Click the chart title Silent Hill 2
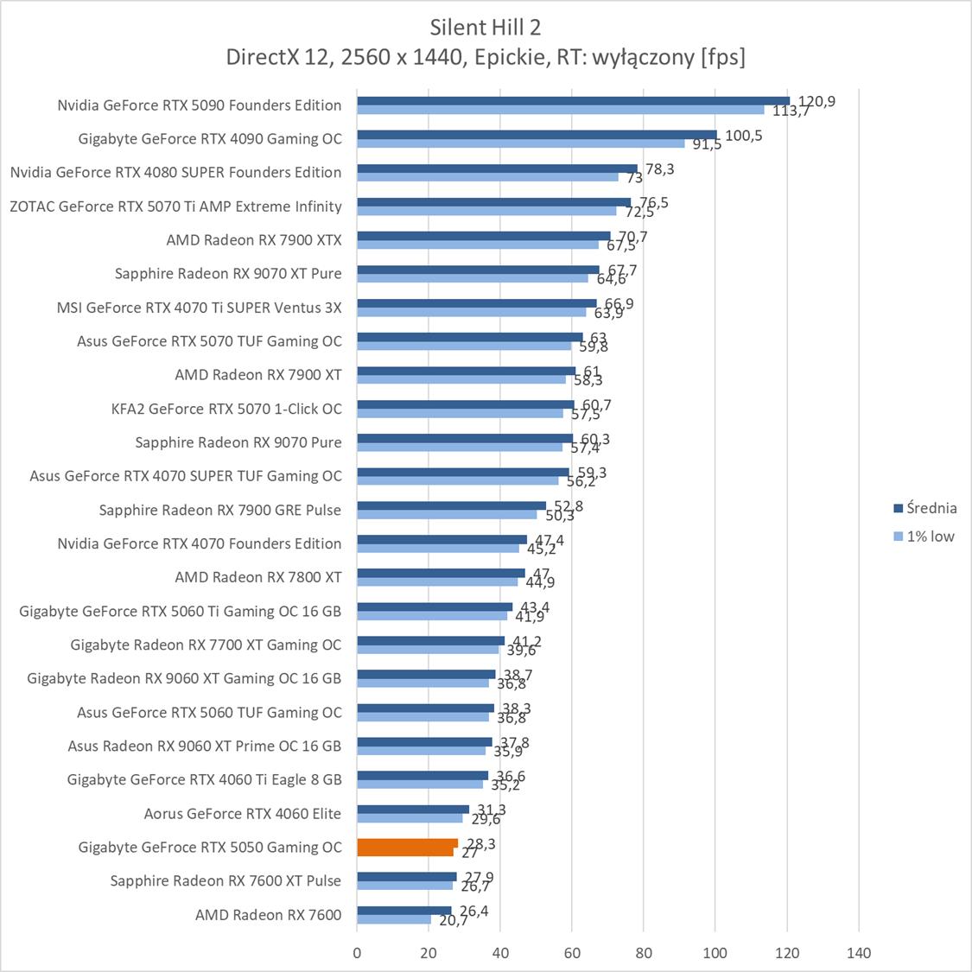click(x=486, y=28)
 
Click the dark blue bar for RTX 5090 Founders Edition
click(x=573, y=100)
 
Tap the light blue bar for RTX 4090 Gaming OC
click(x=521, y=143)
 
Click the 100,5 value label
click(x=743, y=136)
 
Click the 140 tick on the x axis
click(x=859, y=953)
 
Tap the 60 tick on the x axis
click(x=572, y=953)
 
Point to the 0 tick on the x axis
click(x=357, y=953)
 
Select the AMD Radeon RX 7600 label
click(x=268, y=915)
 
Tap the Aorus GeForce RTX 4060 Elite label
click(x=243, y=813)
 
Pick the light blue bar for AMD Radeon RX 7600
click(x=394, y=919)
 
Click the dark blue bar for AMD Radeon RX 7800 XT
click(x=441, y=573)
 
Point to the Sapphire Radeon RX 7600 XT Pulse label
click(x=226, y=880)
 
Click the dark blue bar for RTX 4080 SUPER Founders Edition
click(x=497, y=168)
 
